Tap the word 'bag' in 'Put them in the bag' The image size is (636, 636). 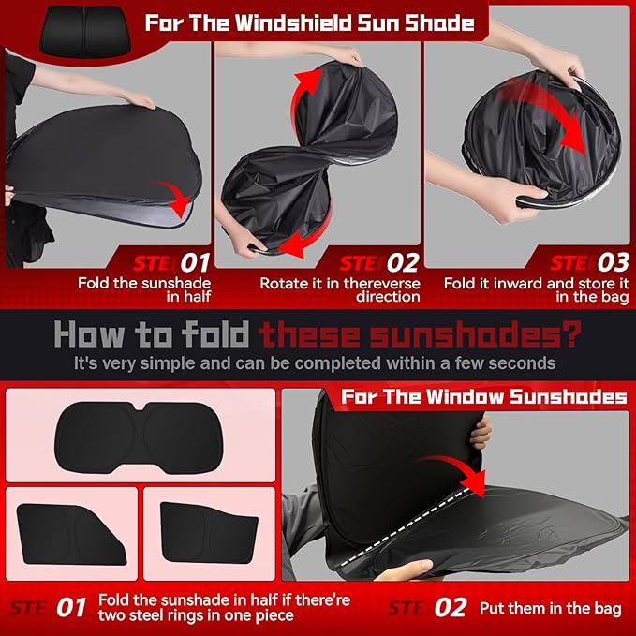[x=606, y=608]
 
